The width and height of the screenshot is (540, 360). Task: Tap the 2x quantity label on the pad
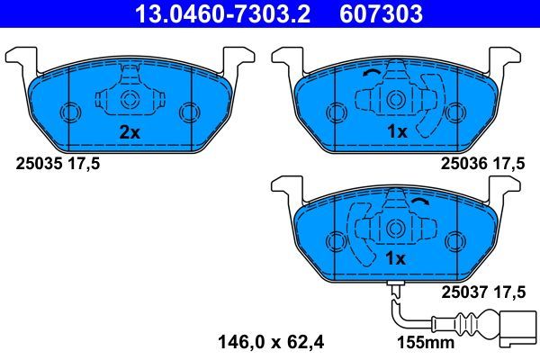click(x=130, y=132)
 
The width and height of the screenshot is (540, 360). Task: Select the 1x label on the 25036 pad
click(x=396, y=132)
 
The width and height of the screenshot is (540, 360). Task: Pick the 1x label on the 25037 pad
click(x=396, y=258)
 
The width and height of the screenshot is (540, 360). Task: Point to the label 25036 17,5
click(x=483, y=163)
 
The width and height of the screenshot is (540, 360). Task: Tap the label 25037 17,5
click(x=483, y=291)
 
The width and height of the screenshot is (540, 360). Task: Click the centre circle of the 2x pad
click(x=129, y=100)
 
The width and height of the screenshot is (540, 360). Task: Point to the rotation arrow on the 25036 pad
click(x=370, y=76)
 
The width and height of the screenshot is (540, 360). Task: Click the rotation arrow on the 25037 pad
click(x=395, y=201)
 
